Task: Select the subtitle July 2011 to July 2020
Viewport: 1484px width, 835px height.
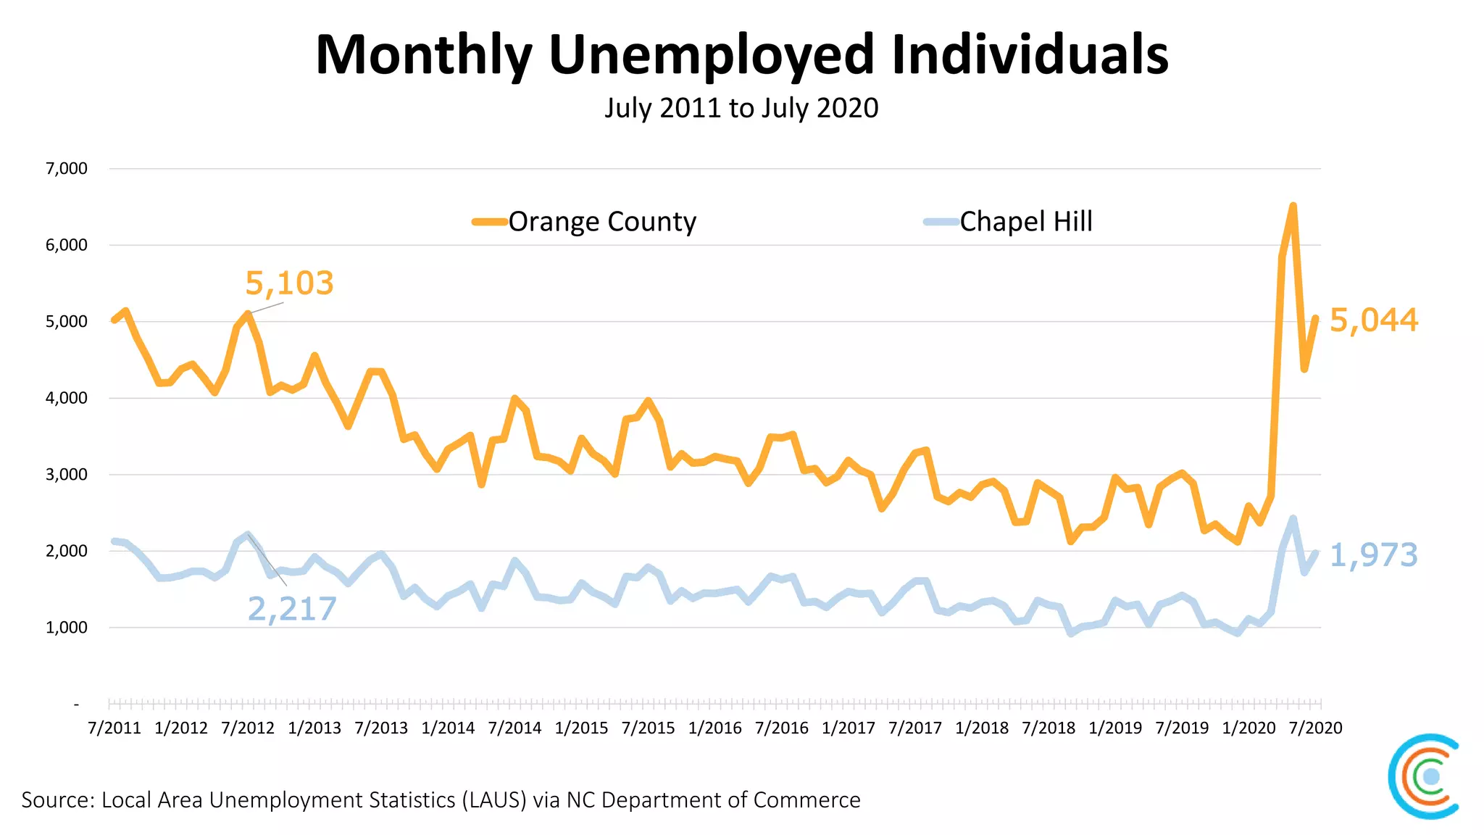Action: tap(741, 108)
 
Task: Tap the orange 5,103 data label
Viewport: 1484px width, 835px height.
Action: tap(289, 283)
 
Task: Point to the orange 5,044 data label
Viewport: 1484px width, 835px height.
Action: tap(1373, 320)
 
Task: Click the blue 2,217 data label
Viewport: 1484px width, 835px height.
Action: tap(292, 609)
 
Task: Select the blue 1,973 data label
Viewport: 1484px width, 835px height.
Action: tap(1373, 555)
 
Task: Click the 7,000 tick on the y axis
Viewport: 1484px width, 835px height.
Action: tap(67, 169)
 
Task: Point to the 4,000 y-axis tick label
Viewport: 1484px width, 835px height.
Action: tap(67, 398)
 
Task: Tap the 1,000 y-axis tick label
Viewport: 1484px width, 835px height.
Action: tap(67, 628)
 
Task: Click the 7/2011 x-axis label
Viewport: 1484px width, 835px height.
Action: tap(114, 728)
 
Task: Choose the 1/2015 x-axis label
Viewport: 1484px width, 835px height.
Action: tap(581, 728)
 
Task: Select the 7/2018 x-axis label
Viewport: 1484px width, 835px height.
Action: tap(1049, 728)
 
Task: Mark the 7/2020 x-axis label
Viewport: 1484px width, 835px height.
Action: tap(1315, 728)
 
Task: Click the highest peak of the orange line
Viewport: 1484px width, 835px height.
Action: tap(1293, 206)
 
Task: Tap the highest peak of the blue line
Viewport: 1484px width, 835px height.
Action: tap(1293, 518)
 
